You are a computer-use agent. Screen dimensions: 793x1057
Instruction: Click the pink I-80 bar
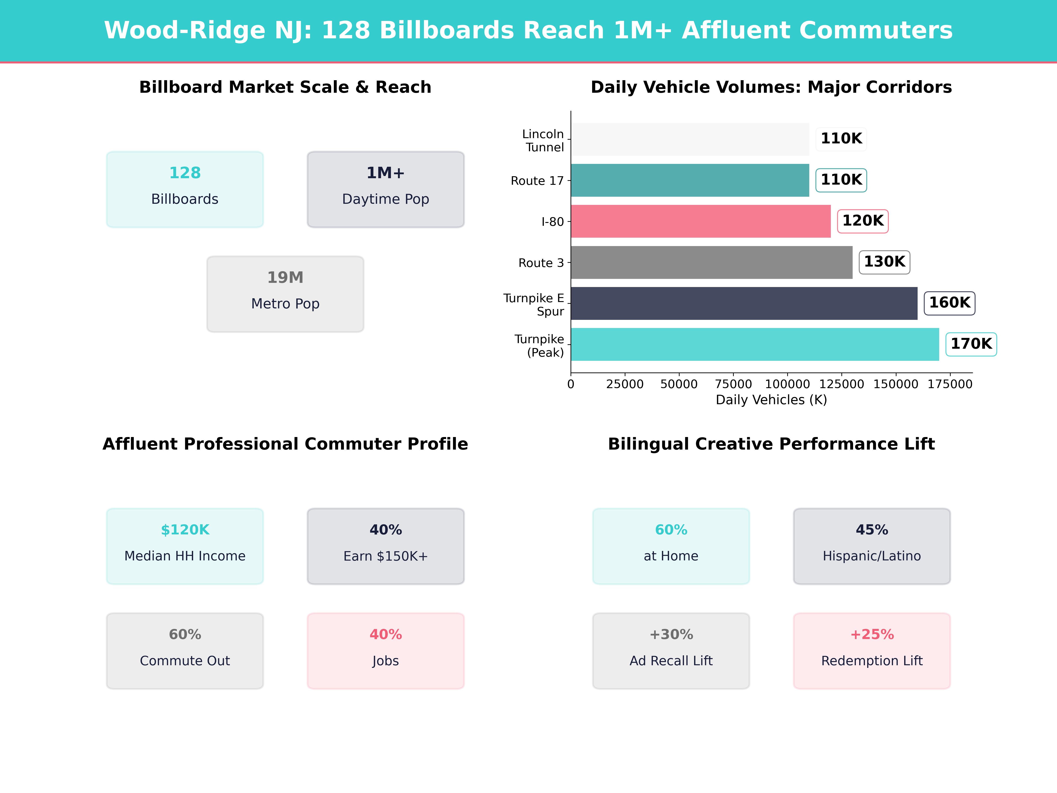point(700,221)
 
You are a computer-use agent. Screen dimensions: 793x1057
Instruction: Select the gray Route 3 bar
point(711,262)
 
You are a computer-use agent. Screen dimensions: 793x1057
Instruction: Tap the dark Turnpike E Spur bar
point(744,303)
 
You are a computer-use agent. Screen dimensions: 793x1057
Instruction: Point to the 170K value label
point(971,344)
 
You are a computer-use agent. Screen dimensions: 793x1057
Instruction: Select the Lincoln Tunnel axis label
point(543,141)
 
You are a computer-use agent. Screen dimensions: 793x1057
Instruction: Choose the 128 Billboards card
point(185,189)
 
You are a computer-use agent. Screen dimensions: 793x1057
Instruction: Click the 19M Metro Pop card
point(285,294)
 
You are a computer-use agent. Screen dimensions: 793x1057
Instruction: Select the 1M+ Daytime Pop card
point(386,189)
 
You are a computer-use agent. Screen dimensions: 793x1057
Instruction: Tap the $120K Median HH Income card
point(185,546)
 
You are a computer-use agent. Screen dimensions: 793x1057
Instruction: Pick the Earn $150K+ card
point(386,546)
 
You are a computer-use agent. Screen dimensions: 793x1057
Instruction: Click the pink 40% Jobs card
point(386,650)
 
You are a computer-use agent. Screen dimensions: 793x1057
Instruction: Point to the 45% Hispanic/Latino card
point(872,546)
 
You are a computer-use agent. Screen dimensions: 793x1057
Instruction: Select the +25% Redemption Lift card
point(872,650)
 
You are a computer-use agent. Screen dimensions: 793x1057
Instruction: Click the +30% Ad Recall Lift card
point(671,650)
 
